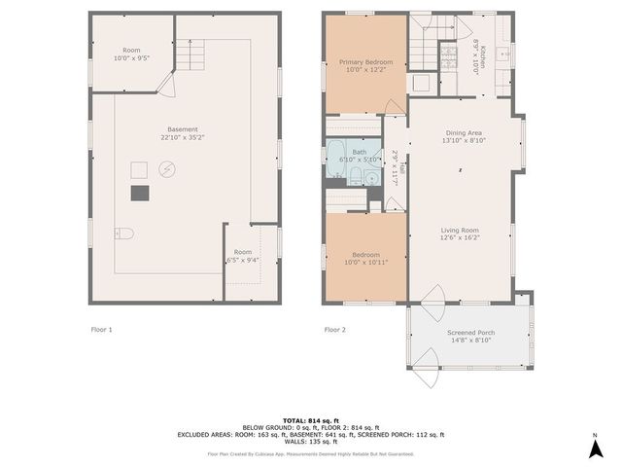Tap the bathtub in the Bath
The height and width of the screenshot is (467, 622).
(x=336, y=160)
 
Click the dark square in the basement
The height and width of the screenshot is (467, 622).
(x=142, y=193)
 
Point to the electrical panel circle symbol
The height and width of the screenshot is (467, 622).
(x=166, y=169)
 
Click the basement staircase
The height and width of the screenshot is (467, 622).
(x=190, y=58)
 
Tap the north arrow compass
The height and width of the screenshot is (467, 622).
(x=594, y=448)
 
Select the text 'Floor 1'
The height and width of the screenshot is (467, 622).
(x=101, y=330)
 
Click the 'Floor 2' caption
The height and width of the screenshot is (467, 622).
(x=335, y=330)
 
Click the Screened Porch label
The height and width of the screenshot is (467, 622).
(x=469, y=334)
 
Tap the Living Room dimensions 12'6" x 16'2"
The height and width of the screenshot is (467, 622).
(x=460, y=237)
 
